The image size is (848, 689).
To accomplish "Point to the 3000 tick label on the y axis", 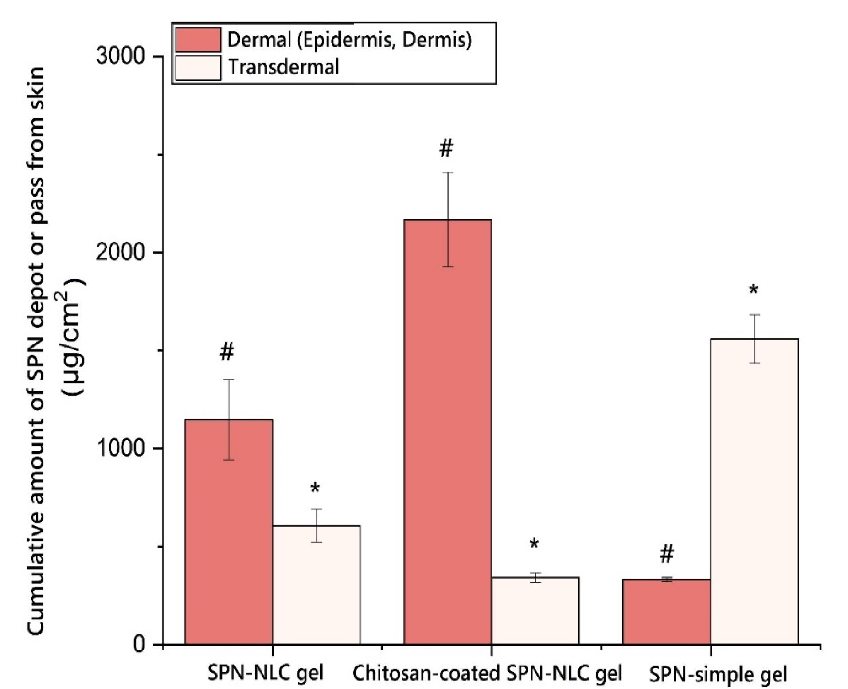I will [121, 57].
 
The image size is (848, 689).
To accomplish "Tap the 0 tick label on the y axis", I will [139, 644].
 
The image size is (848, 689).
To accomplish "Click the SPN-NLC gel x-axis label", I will [266, 673].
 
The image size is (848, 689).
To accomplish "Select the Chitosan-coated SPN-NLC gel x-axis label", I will [487, 673].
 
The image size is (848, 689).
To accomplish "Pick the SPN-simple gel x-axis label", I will [718, 674].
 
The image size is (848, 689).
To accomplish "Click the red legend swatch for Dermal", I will [198, 40].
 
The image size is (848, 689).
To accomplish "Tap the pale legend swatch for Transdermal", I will [198, 67].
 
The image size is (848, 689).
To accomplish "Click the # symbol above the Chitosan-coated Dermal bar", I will [446, 148].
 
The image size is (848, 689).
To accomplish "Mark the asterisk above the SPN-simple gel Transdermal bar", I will [754, 291].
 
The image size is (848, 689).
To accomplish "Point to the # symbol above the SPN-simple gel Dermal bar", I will [667, 554].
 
